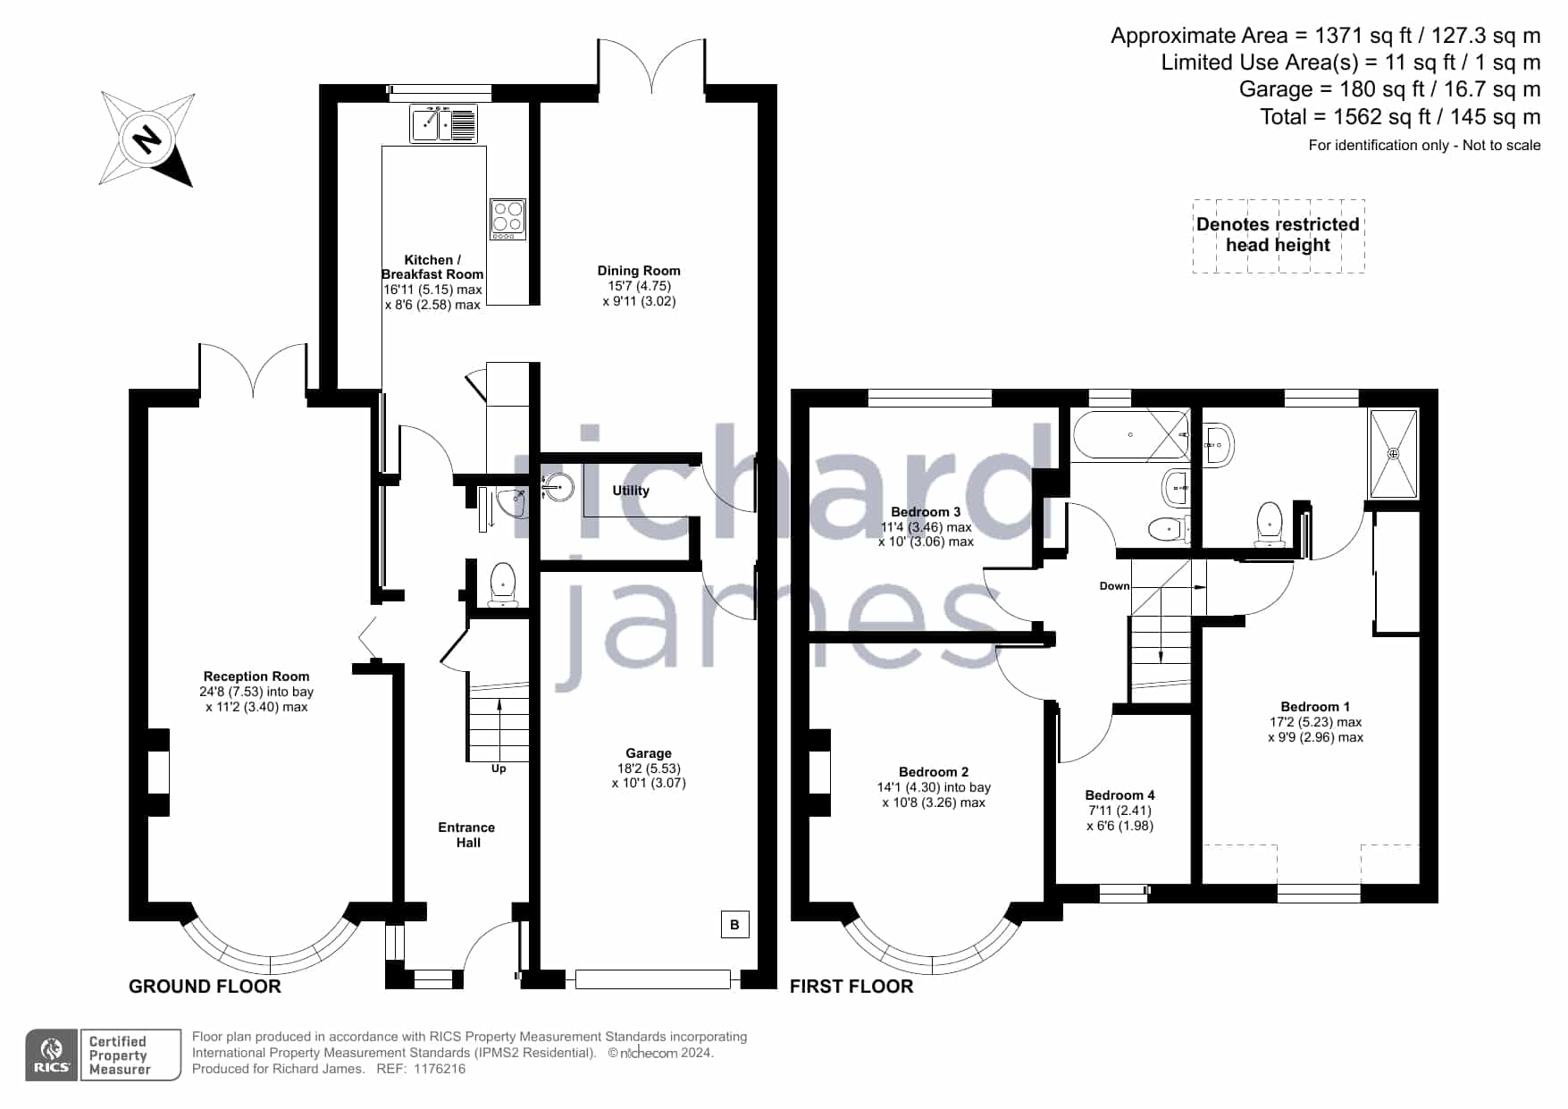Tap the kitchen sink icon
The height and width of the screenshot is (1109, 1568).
(444, 123)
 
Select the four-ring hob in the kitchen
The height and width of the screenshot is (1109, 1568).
(507, 219)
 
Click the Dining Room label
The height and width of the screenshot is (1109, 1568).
(639, 271)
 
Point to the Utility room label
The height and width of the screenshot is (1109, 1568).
(631, 491)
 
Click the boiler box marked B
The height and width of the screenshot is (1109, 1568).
(734, 924)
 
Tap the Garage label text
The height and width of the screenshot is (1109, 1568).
(649, 753)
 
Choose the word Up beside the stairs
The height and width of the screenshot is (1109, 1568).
(499, 769)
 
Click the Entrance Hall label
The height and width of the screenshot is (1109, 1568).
(467, 835)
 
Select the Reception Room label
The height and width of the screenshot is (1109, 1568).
(256, 676)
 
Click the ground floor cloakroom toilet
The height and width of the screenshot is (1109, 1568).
(503, 585)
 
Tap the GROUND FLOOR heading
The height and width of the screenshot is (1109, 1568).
(205, 987)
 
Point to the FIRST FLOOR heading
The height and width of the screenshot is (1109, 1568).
(851, 987)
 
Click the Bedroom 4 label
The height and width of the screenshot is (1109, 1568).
(1119, 795)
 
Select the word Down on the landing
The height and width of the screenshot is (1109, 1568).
(1114, 586)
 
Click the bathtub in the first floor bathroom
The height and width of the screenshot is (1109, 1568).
(1131, 435)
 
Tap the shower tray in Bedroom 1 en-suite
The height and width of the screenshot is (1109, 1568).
(1394, 453)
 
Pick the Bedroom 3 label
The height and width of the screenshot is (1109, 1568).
(926, 512)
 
